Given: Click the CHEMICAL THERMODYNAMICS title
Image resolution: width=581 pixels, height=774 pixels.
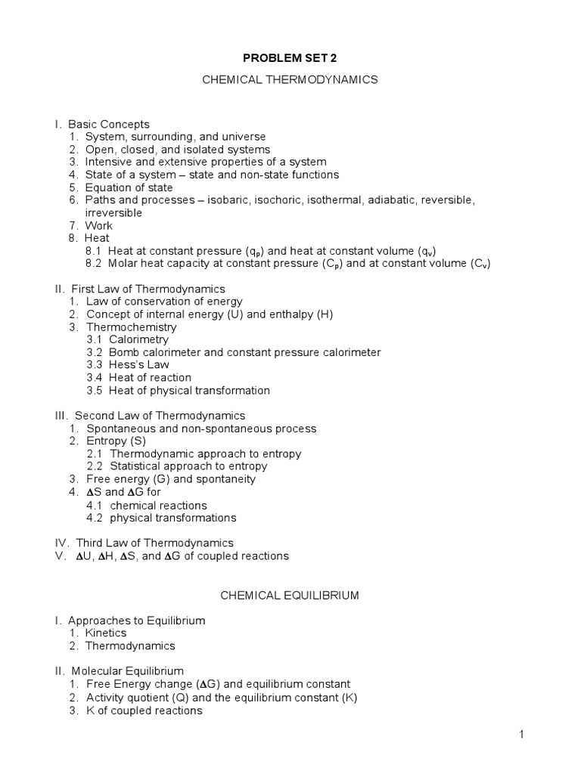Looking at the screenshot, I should point(290,79).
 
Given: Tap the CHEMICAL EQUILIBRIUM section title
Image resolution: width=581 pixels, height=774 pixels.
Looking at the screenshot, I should point(290,596).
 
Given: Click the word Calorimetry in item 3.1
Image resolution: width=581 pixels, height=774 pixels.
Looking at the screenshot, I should point(138,340).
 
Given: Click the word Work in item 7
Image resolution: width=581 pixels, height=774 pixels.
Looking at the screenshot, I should point(99,225).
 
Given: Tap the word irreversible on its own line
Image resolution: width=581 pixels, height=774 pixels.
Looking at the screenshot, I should point(113,213).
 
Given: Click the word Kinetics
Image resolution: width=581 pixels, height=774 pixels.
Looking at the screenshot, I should point(106,633).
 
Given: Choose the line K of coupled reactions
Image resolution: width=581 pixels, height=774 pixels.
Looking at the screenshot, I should point(144,711).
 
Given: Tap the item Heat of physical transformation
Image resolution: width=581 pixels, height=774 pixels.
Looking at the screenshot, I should point(189,391).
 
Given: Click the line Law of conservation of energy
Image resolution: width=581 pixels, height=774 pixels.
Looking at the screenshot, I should point(161,302).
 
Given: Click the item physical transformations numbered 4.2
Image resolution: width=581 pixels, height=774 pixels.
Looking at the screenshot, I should point(173,518).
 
